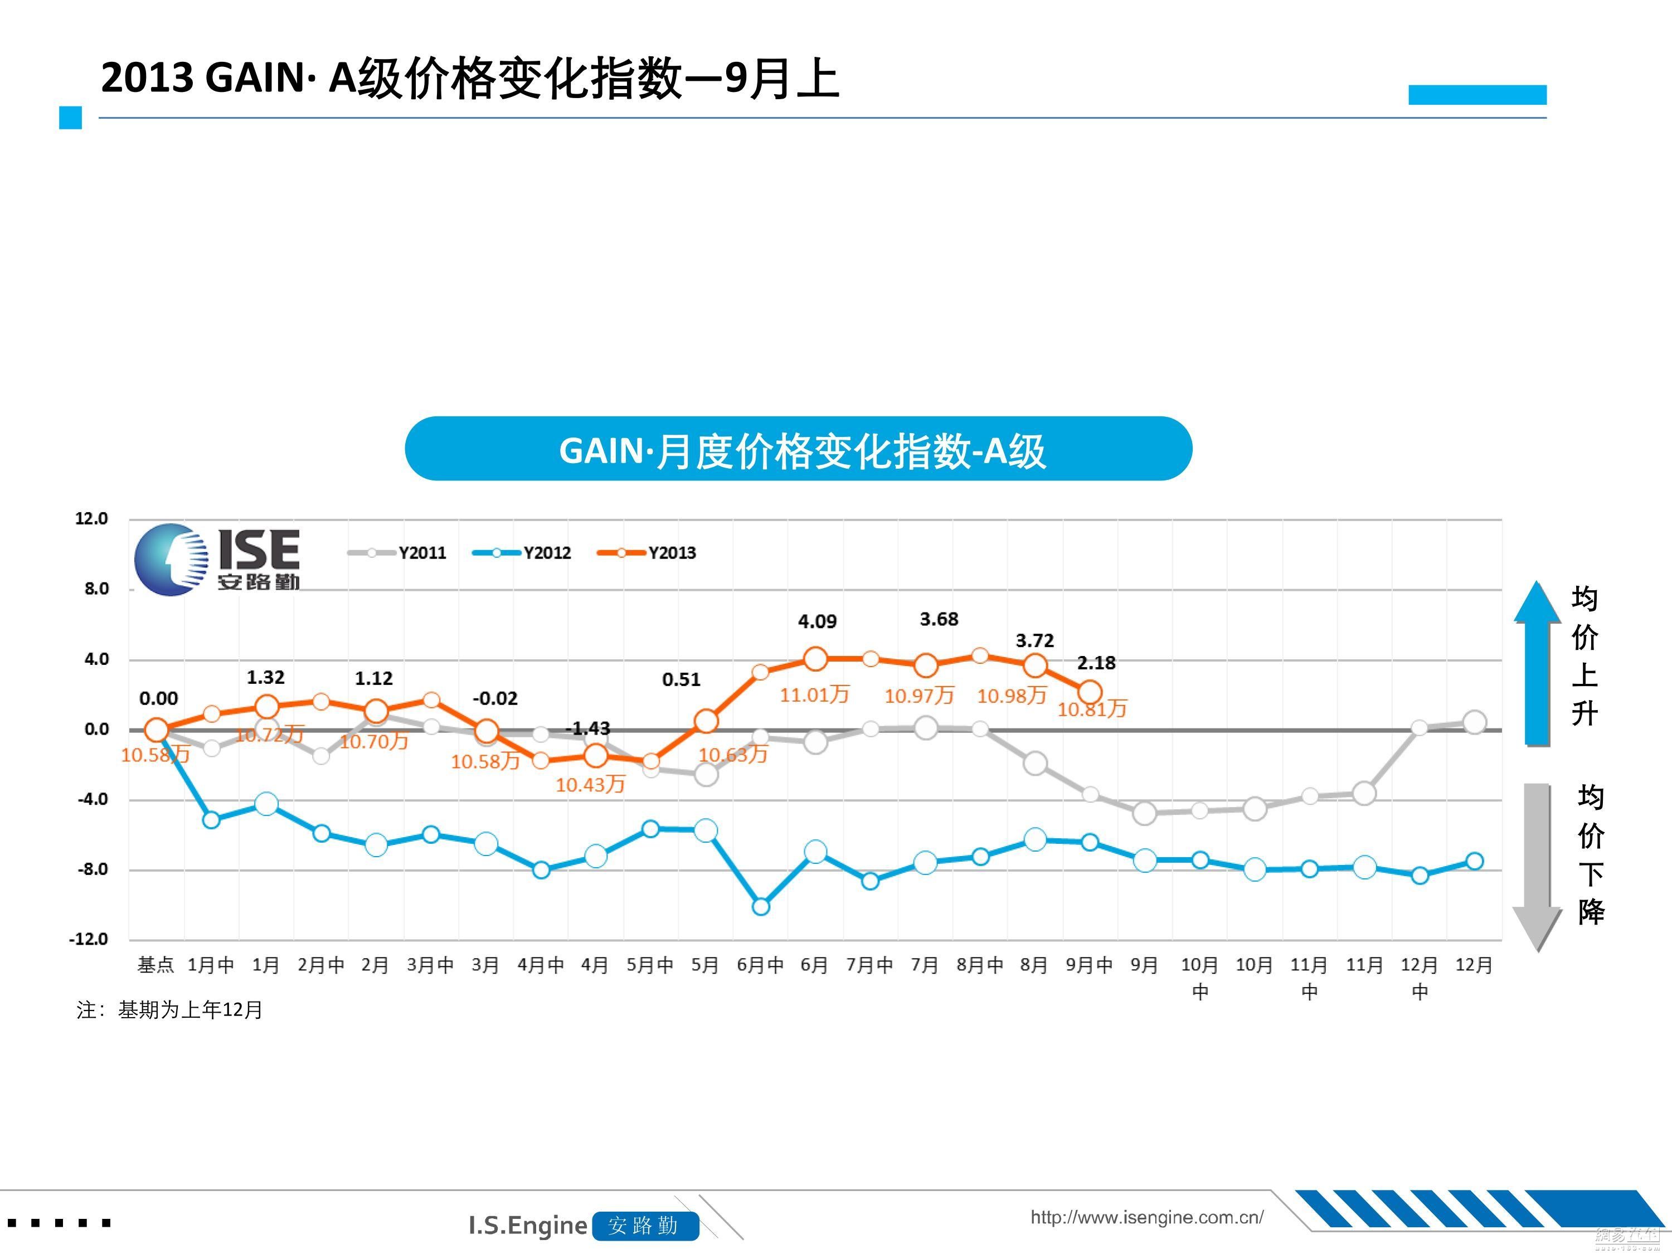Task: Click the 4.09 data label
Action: coord(817,621)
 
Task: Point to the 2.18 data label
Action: coord(1096,663)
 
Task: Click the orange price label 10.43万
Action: coord(590,785)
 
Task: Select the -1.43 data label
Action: coord(590,728)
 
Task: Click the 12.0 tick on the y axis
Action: coord(91,518)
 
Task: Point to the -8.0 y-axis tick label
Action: coord(92,869)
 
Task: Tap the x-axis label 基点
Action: coord(155,965)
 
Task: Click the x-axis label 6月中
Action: coord(760,965)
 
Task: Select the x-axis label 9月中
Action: coord(1089,965)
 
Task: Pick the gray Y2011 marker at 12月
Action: coord(1474,722)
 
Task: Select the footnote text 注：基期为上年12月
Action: coord(169,1010)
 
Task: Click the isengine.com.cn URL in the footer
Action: coord(1146,1217)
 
